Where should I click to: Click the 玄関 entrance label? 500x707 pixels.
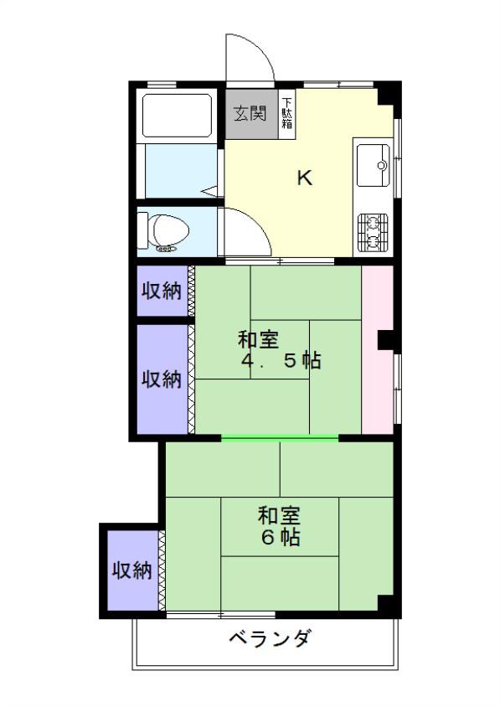pyautogui.click(x=250, y=113)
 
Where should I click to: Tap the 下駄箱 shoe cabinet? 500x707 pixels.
pyautogui.click(x=286, y=114)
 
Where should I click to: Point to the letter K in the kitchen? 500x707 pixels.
pyautogui.click(x=305, y=178)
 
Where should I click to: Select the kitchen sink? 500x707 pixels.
pyautogui.click(x=373, y=165)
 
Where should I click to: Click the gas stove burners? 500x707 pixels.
pyautogui.click(x=373, y=233)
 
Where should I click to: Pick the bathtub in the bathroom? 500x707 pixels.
pyautogui.click(x=178, y=116)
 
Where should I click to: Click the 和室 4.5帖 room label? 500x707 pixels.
pyautogui.click(x=280, y=350)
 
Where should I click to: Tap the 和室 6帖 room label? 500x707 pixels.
pyautogui.click(x=279, y=526)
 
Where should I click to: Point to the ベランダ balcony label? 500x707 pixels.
pyautogui.click(x=270, y=638)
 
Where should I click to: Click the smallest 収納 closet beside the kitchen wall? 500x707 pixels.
pyautogui.click(x=162, y=291)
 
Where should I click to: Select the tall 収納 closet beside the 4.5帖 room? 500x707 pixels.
pyautogui.click(x=162, y=379)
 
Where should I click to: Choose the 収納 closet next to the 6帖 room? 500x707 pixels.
pyautogui.click(x=132, y=570)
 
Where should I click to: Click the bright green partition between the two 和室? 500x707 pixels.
pyautogui.click(x=280, y=437)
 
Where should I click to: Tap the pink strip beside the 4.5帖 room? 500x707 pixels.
pyautogui.click(x=378, y=350)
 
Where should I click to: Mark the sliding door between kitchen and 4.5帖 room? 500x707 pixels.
pyautogui.click(x=280, y=261)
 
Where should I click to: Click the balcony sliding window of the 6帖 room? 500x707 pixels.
pyautogui.click(x=221, y=614)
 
